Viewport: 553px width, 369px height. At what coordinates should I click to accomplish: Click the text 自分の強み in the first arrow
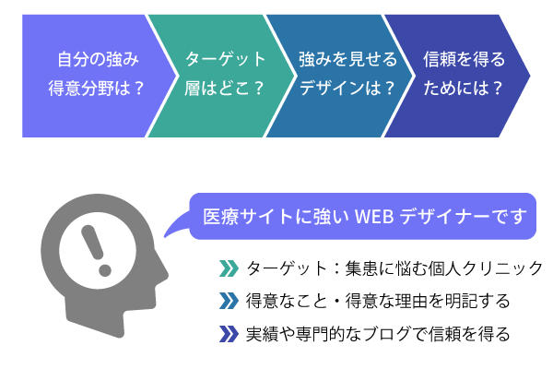[x=98, y=59]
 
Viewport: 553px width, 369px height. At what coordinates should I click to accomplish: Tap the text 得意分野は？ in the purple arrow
[x=97, y=88]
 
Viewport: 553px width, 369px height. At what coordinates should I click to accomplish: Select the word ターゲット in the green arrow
[x=226, y=59]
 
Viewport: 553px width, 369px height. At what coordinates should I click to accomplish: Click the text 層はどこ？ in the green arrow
[x=224, y=88]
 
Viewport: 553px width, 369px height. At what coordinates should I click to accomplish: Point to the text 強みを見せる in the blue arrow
[x=348, y=59]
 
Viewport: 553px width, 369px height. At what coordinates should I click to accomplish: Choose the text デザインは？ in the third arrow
[x=347, y=88]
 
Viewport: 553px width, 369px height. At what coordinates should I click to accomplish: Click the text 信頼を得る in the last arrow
[x=465, y=59]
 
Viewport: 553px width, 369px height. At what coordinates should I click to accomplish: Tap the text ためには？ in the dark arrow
[x=463, y=88]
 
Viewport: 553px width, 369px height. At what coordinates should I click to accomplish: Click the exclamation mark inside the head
[x=96, y=250]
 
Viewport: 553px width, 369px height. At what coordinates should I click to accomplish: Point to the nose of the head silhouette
[x=164, y=274]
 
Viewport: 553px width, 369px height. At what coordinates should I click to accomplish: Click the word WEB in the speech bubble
[x=374, y=217]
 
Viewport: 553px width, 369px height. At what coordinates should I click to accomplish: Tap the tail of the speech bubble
[x=176, y=226]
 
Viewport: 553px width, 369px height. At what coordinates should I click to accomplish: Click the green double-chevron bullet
[x=229, y=268]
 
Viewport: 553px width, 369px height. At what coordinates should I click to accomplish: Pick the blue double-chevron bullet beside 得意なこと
[x=229, y=301]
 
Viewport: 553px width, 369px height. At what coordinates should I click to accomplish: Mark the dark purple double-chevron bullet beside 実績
[x=229, y=334]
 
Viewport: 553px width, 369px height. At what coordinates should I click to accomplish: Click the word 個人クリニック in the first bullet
[x=486, y=268]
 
